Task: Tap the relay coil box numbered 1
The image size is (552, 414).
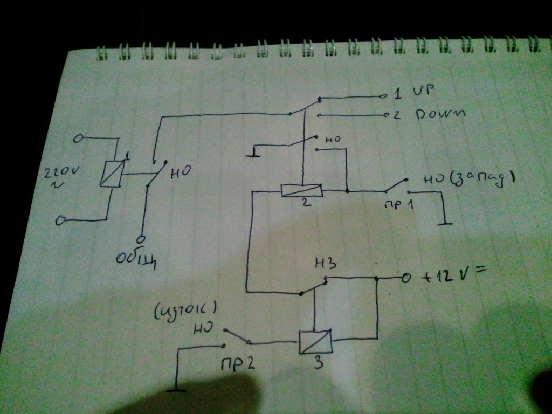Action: coord(112,174)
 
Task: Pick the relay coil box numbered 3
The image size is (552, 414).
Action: coord(315,342)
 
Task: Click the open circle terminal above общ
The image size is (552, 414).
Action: coord(141,238)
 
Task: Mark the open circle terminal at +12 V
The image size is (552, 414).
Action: coord(406,278)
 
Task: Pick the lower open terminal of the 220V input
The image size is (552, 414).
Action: coord(61,220)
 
